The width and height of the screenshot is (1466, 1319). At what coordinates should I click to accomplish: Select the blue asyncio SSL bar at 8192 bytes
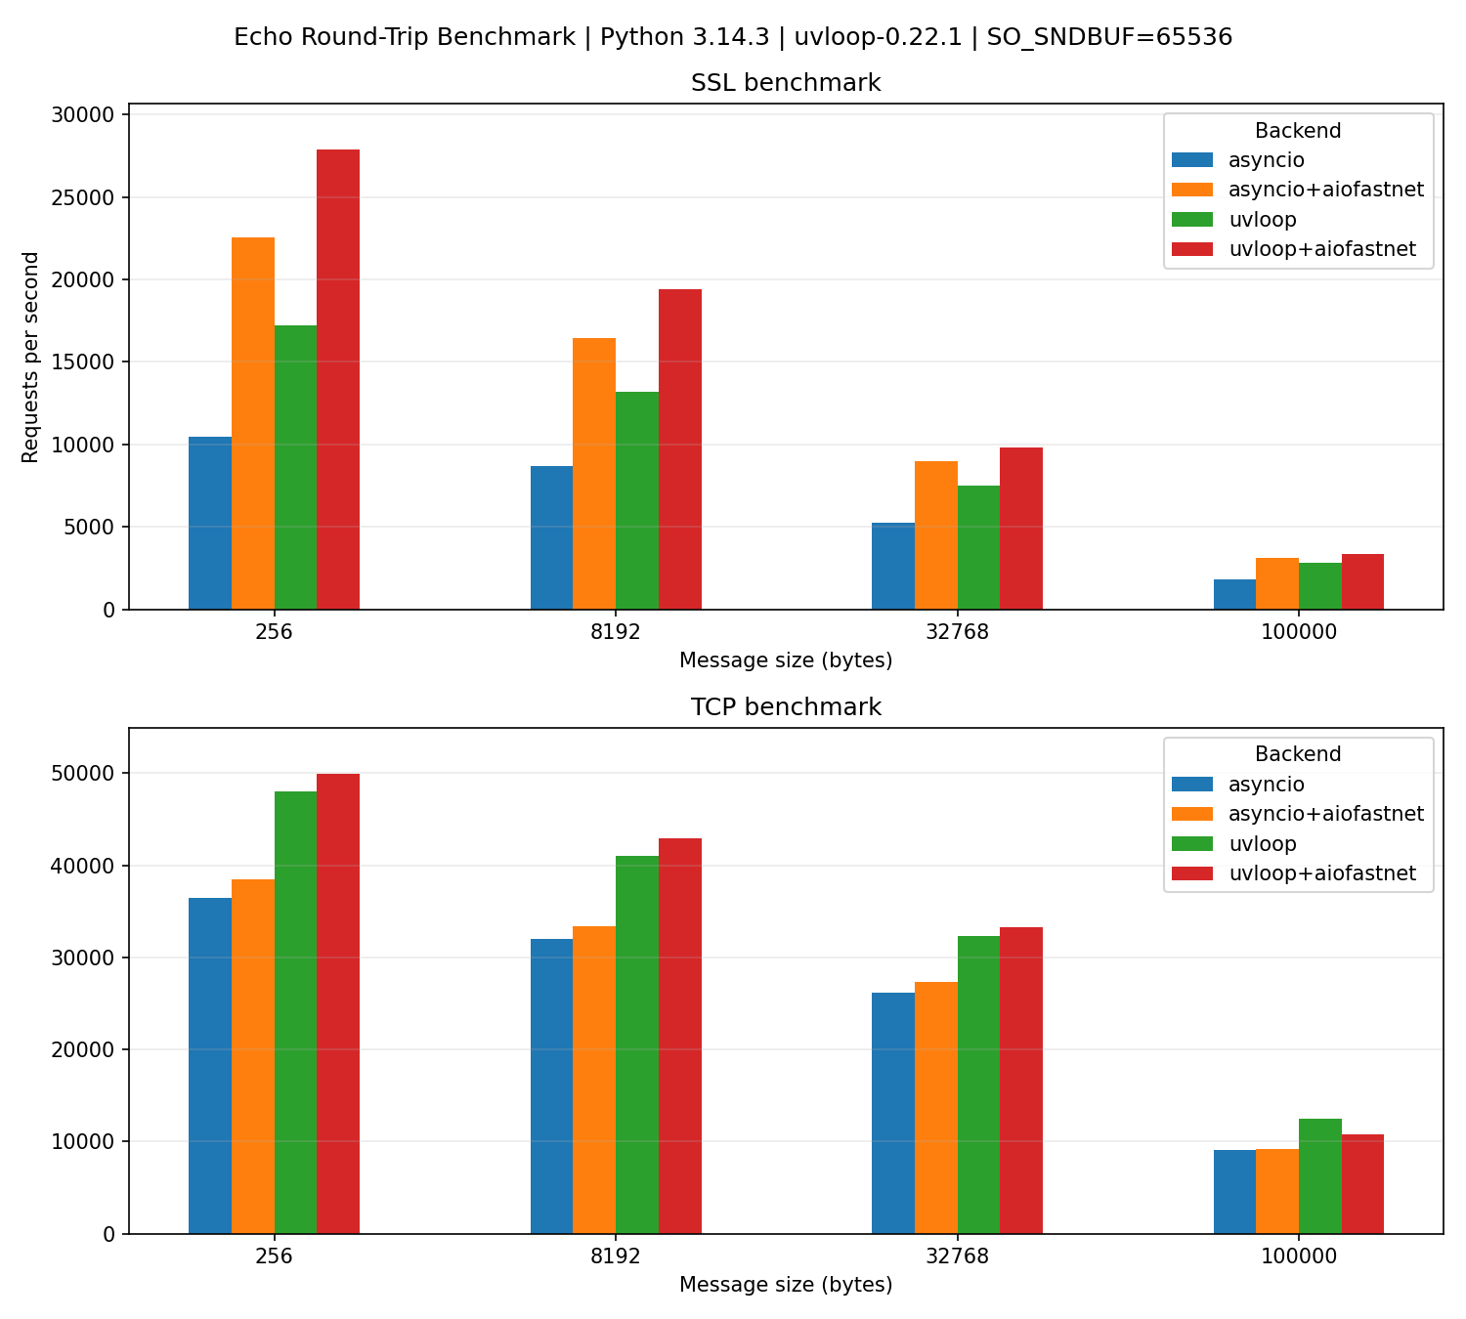[551, 537]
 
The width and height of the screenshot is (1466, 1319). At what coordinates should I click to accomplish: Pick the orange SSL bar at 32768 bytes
[935, 535]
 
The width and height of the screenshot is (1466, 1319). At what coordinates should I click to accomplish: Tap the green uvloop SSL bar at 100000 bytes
[1319, 586]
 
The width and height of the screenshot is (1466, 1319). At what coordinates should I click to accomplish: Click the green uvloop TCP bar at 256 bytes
[295, 1012]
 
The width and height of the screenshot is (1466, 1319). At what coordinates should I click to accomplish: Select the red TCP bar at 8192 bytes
[679, 1036]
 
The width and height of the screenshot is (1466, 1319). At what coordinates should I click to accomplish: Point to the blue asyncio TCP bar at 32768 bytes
[892, 1113]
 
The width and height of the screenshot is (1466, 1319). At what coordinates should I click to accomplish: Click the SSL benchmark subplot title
[786, 83]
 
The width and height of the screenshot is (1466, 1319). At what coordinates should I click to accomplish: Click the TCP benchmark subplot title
[786, 707]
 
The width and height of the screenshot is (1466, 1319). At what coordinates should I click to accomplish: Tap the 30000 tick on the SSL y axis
[88, 115]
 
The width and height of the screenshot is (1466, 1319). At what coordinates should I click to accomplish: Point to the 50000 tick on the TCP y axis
[88, 774]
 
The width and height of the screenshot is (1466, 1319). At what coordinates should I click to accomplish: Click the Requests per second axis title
[31, 357]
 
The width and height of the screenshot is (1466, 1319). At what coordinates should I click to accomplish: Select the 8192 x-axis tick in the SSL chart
[616, 632]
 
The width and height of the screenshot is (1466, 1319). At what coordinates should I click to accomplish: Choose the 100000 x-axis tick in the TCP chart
[1298, 1256]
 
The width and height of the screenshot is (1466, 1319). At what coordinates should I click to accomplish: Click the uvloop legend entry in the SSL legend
[1262, 219]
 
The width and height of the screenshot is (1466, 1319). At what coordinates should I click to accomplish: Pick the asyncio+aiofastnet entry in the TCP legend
[1325, 814]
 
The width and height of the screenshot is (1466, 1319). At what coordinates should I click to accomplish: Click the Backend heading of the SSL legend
[1297, 131]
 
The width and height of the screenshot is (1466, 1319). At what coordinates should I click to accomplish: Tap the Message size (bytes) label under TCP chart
[786, 1285]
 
